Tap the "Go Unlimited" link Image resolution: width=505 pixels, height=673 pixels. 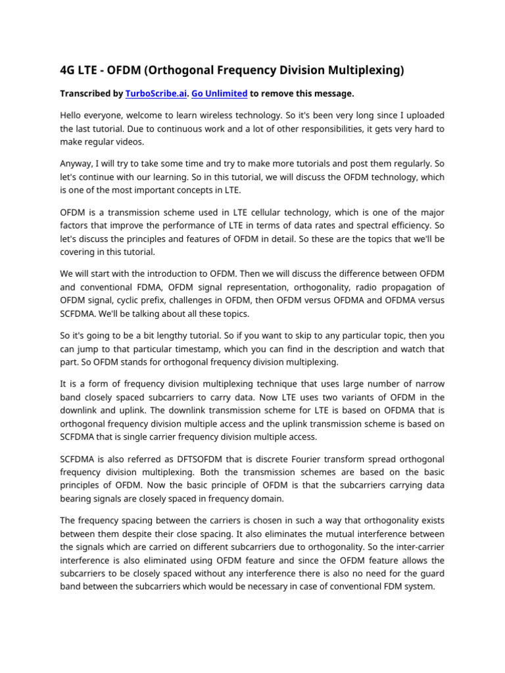point(219,94)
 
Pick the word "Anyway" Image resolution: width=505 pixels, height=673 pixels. point(78,164)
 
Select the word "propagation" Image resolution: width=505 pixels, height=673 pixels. point(412,287)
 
